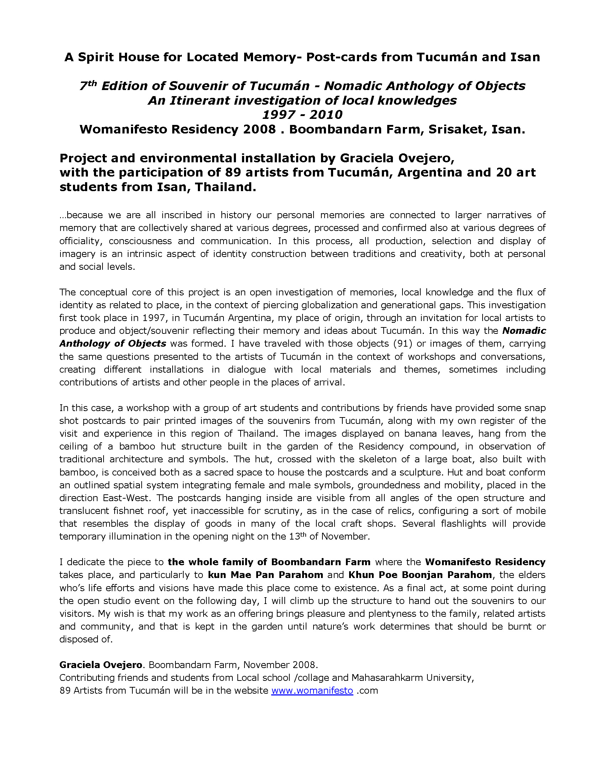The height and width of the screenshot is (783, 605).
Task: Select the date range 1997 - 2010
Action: click(302, 115)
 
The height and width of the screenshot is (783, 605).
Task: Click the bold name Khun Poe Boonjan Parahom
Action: click(420, 575)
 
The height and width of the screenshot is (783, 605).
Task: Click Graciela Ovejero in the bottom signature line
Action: click(101, 665)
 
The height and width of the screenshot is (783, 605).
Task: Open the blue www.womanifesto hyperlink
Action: click(312, 691)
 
